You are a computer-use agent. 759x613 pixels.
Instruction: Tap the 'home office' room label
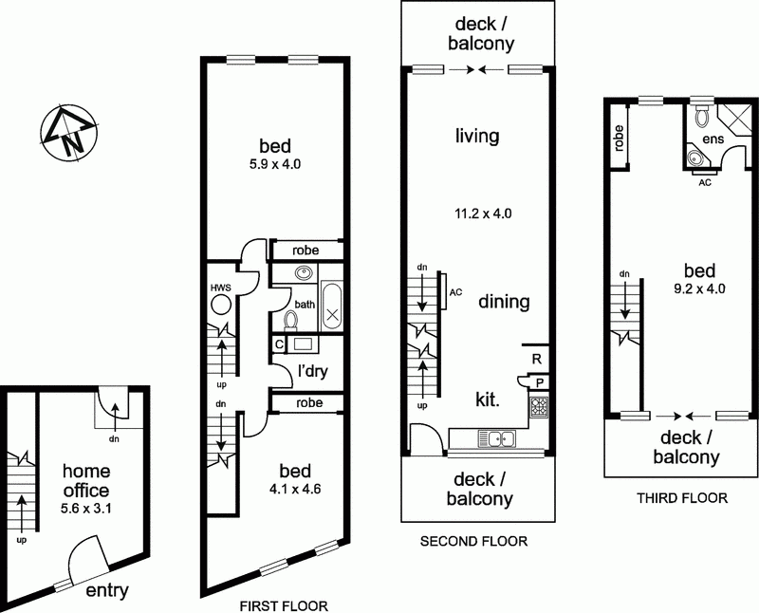click(85, 481)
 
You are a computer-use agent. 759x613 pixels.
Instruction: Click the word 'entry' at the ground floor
click(107, 590)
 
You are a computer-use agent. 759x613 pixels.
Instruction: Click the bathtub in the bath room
click(331, 306)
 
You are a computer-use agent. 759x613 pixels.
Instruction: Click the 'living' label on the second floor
click(476, 137)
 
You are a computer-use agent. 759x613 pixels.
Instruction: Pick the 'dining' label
click(504, 302)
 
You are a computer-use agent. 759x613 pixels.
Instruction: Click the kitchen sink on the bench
click(497, 437)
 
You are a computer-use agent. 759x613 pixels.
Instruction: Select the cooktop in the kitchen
click(539, 408)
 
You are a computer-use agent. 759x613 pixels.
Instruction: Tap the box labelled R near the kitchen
click(537, 359)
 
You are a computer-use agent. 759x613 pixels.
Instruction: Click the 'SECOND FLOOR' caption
click(472, 543)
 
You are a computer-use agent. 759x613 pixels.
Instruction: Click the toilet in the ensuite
click(702, 116)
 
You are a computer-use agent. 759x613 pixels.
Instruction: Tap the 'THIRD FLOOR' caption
click(680, 496)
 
